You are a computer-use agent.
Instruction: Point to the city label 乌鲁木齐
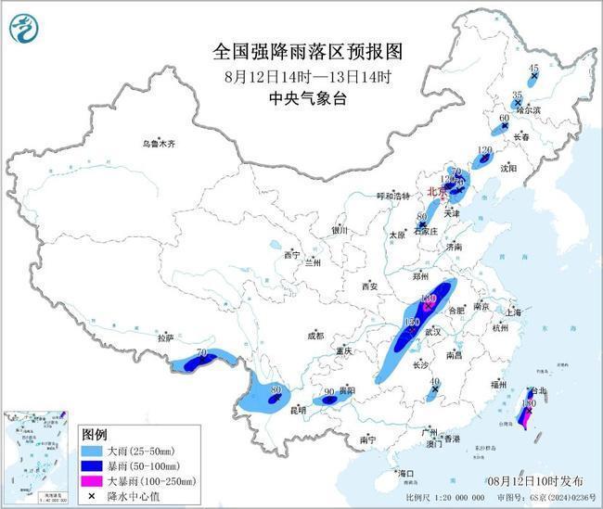pos(159,144)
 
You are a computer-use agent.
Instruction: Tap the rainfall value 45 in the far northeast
pos(533,68)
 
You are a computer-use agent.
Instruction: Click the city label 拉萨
pos(166,338)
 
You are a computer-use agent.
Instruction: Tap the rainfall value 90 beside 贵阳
pos(328,391)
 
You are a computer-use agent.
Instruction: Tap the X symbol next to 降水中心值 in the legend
pos(93,496)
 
